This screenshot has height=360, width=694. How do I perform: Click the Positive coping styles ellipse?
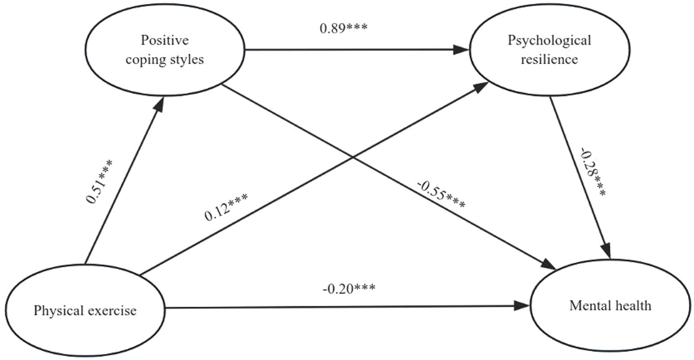165,50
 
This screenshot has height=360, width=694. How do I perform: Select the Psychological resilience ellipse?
549,50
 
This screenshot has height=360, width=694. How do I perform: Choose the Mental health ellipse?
610,306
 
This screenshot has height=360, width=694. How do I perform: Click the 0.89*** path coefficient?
344,28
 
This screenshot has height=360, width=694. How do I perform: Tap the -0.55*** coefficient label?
441,195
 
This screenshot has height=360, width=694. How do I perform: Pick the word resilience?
549,59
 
